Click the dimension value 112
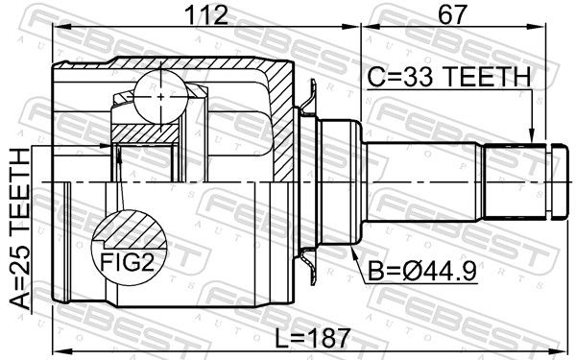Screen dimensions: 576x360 tap(206, 14)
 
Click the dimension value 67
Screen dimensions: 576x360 tap(452, 14)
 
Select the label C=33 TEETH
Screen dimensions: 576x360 tap(449, 77)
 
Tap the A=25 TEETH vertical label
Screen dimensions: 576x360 tap(19, 228)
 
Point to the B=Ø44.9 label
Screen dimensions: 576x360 tap(422, 272)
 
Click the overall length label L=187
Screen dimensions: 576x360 tap(313, 338)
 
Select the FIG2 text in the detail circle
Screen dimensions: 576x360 tap(128, 262)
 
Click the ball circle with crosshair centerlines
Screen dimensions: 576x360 tap(161, 97)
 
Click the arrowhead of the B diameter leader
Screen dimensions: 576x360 tap(353, 252)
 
